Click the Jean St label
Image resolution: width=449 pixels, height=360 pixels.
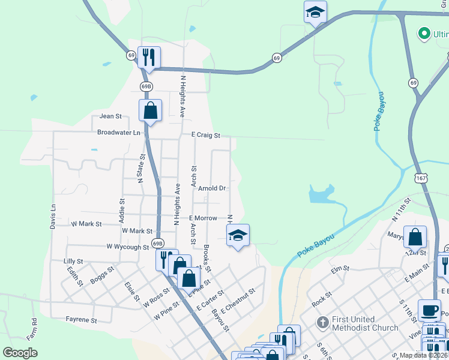[110, 116]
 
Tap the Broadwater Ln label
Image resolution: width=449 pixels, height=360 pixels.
[118, 132]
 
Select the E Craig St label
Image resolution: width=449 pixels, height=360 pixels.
[206, 136]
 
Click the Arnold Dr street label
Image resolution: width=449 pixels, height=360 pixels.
[212, 188]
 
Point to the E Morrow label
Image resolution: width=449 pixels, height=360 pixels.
[203, 218]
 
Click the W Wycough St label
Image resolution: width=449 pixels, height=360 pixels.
[127, 247]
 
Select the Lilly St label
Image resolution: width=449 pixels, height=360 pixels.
[73, 262]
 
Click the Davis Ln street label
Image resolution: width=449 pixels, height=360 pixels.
[53, 216]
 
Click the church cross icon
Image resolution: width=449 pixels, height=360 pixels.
[322, 323]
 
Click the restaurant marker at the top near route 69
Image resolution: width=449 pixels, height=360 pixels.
[148, 58]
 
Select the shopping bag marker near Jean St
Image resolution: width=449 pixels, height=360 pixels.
[150, 110]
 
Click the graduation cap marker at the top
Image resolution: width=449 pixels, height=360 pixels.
[315, 13]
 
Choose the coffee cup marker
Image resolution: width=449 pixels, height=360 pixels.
[429, 310]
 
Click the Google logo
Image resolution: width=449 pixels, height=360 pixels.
[20, 353]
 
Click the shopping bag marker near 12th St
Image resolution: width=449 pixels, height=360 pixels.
[415, 237]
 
